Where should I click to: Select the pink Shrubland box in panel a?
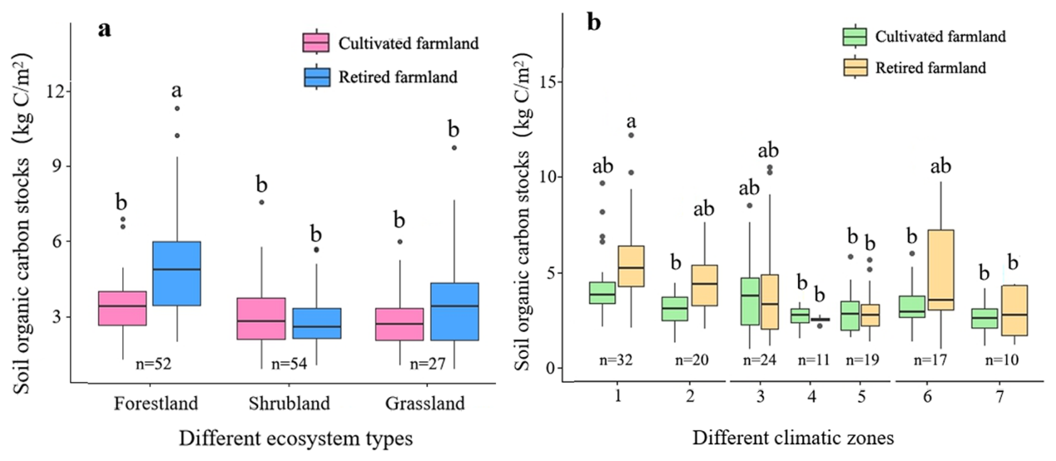pos(238,318)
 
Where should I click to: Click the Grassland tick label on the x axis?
pos(424,404)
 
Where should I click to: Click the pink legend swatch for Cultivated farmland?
pos(315,42)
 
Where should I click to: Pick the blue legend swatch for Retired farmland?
pos(315,77)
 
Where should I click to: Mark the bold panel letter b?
pos(593,22)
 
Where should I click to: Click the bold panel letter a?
pos(105,29)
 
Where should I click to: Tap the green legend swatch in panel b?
pos(855,37)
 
